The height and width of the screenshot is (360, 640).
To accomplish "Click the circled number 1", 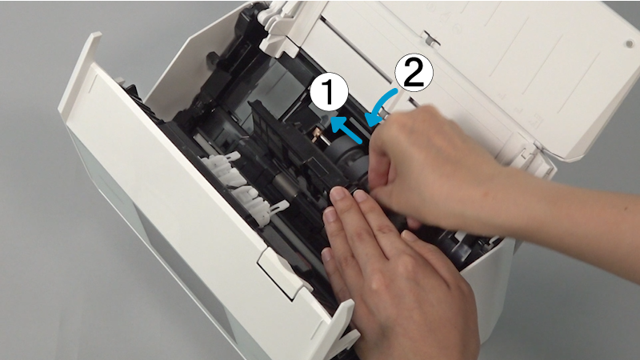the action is (329, 92).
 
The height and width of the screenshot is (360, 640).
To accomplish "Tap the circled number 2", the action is (414, 72).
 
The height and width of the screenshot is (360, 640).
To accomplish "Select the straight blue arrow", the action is (346, 130).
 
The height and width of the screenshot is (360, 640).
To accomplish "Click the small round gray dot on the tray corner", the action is (629, 44).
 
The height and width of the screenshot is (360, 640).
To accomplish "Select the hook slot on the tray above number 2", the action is (430, 38).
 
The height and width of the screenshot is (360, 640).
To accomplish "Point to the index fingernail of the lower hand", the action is (338, 193).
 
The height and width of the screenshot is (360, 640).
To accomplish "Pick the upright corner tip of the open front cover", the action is (96, 34).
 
